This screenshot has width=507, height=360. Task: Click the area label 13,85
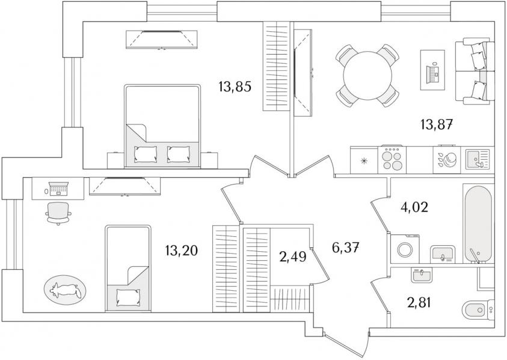(235, 87)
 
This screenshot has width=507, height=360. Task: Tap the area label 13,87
(435, 124)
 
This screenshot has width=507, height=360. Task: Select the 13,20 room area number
(181, 251)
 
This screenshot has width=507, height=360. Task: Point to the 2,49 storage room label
(293, 257)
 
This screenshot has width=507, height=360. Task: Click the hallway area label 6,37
(345, 248)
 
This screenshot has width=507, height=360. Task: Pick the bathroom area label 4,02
(414, 207)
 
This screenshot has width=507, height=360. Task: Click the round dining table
(367, 76)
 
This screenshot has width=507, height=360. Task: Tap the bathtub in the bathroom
(478, 224)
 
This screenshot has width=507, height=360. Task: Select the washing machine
(405, 249)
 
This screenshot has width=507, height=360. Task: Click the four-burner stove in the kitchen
(392, 160)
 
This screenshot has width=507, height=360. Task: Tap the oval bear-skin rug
(65, 290)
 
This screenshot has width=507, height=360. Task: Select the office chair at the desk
(58, 213)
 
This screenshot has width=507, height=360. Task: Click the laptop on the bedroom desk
(58, 189)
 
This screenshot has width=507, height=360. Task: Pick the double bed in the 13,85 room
(162, 126)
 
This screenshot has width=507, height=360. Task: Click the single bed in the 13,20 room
(128, 269)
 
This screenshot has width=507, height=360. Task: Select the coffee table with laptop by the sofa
(432, 70)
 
